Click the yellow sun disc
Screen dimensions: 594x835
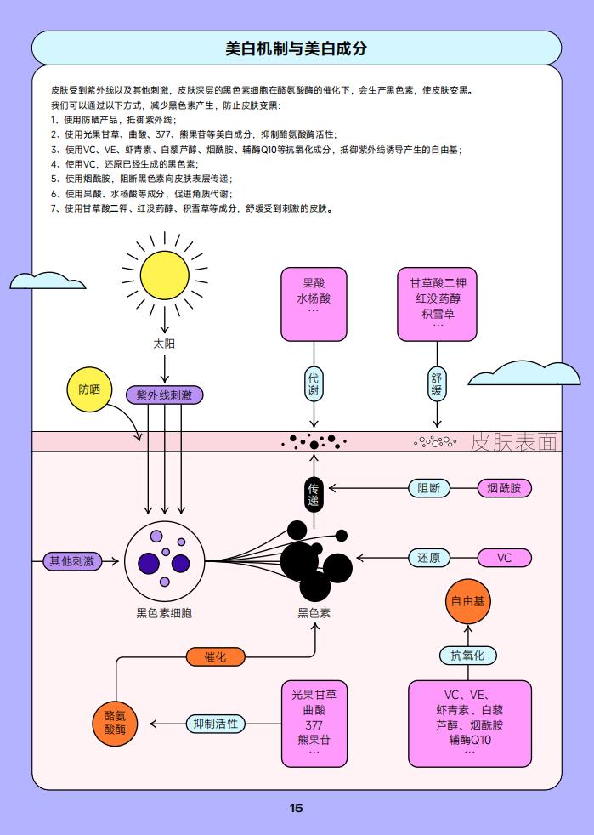[165, 275]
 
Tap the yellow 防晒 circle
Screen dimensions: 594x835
[89, 389]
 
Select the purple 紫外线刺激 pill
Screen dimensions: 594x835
[165, 395]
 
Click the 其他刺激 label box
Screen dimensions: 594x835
[72, 560]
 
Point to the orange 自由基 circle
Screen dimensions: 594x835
[468, 601]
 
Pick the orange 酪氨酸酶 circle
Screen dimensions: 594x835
[115, 724]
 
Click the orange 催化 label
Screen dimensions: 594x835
[216, 656]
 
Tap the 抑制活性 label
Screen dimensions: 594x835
[216, 724]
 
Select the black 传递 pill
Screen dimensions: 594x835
[314, 494]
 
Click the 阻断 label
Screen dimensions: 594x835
[429, 488]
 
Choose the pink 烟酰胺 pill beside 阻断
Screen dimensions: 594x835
[504, 488]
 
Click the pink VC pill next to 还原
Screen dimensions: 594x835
[504, 558]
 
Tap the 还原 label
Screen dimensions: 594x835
[429, 558]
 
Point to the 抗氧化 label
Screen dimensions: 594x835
[468, 656]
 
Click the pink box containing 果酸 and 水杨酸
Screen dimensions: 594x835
[314, 304]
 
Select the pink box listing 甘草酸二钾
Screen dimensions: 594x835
[437, 304]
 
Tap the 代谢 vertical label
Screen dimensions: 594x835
[314, 384]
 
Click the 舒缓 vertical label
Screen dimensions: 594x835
[437, 384]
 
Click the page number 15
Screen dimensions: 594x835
[297, 808]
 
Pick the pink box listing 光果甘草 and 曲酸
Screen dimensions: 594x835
[314, 724]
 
